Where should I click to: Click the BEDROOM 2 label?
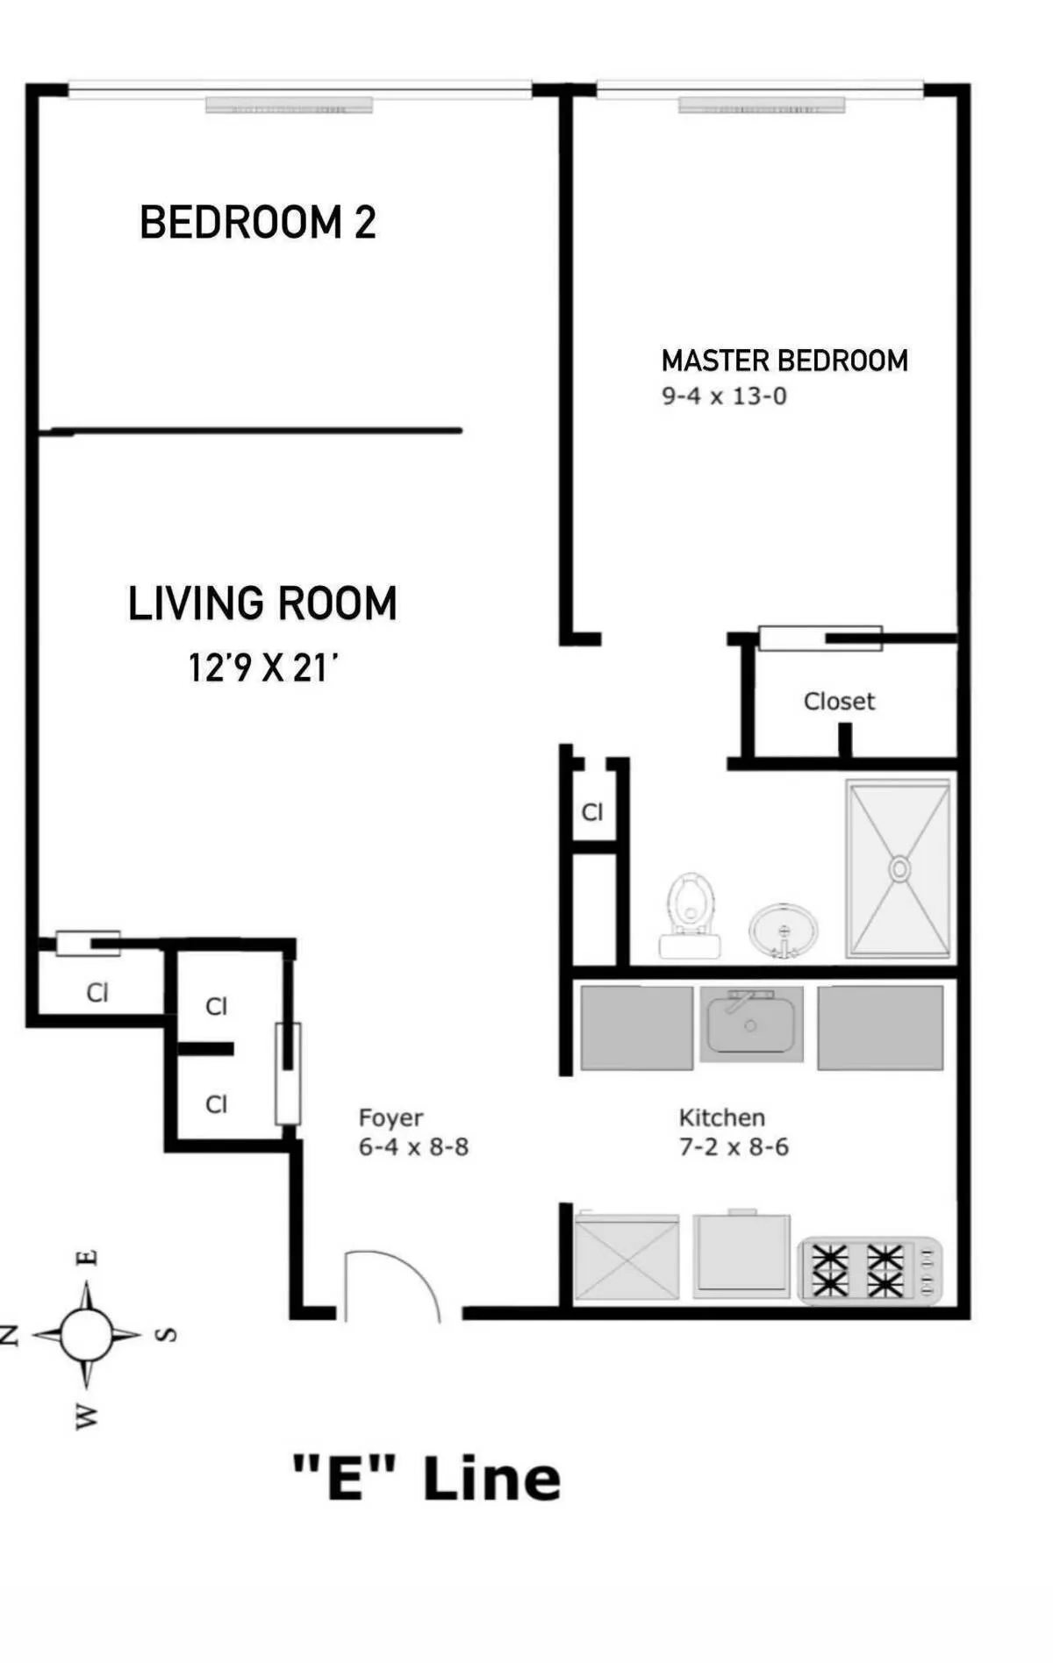pyautogui.click(x=258, y=222)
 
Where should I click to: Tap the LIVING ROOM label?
pyautogui.click(x=262, y=603)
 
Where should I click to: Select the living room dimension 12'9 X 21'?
pyautogui.click(x=262, y=668)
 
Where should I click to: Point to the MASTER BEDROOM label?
pyautogui.click(x=784, y=360)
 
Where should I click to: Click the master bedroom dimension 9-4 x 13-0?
pyautogui.click(x=724, y=396)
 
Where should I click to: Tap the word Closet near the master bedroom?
pyautogui.click(x=839, y=702)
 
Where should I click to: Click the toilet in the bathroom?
pyautogui.click(x=691, y=912)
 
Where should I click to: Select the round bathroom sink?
pyautogui.click(x=783, y=931)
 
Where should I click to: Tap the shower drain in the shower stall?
pyautogui.click(x=899, y=868)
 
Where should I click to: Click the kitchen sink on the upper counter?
pyautogui.click(x=751, y=1024)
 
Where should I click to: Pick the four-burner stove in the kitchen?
pyautogui.click(x=869, y=1270)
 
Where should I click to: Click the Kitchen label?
pyautogui.click(x=721, y=1117)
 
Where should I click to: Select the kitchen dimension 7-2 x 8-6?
pyautogui.click(x=734, y=1147)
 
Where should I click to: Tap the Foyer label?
pyautogui.click(x=390, y=1117)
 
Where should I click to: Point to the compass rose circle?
pyautogui.click(x=86, y=1334)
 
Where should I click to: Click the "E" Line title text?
pyautogui.click(x=426, y=1478)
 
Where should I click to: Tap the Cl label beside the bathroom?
pyautogui.click(x=592, y=812)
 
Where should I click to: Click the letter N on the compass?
pyautogui.click(x=10, y=1335)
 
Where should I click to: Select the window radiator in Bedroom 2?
pyautogui.click(x=289, y=105)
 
